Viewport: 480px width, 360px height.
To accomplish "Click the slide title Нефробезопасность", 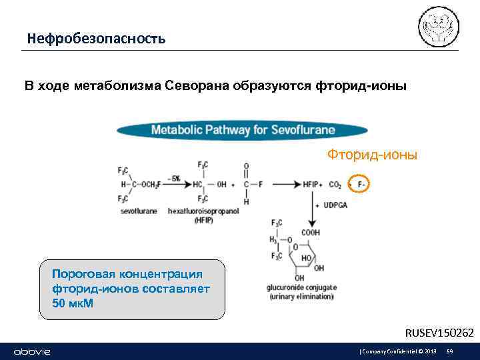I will (x=96, y=39).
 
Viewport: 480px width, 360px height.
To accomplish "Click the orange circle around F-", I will (x=359, y=183).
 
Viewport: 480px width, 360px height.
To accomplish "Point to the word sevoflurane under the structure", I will (x=139, y=211).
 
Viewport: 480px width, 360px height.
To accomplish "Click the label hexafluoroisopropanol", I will (x=203, y=211).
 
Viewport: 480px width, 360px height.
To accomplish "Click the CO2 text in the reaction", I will (x=335, y=184).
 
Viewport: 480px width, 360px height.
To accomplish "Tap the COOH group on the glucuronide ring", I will (x=310, y=233).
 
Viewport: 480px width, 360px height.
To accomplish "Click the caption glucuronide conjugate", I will (x=301, y=288).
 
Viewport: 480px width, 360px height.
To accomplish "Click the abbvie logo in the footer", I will (x=32, y=351).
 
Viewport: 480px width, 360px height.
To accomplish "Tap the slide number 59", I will (x=450, y=351).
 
